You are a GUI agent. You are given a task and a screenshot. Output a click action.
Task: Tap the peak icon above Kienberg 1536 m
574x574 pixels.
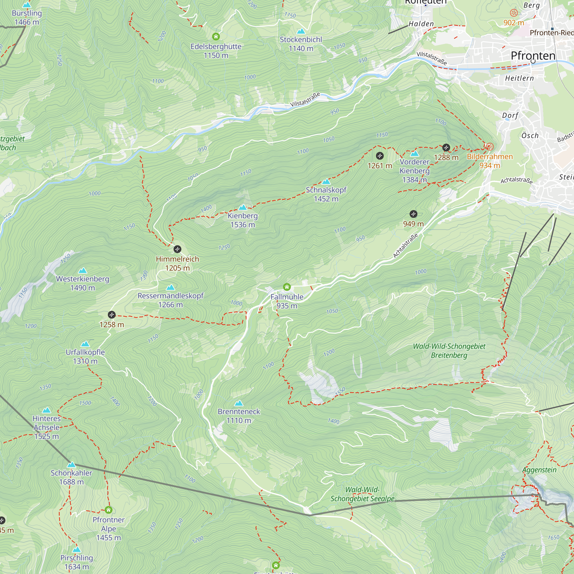click(x=243, y=208)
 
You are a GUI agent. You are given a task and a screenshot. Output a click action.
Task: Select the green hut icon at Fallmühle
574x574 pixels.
click(x=287, y=287)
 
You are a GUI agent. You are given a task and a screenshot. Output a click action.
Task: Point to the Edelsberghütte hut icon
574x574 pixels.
click(x=216, y=36)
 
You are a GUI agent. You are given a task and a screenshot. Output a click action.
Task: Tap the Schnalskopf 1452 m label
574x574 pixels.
click(x=326, y=194)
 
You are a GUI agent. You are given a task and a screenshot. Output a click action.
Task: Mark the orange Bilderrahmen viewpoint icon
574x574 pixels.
click(x=489, y=146)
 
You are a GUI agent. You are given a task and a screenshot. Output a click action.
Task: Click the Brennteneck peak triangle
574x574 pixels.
click(x=239, y=403)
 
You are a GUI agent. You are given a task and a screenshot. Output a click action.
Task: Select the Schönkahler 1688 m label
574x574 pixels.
click(x=71, y=477)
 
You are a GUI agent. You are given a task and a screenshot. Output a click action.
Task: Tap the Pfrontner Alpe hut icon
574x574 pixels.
click(x=108, y=510)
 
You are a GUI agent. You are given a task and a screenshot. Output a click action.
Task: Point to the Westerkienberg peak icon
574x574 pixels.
click(x=83, y=270)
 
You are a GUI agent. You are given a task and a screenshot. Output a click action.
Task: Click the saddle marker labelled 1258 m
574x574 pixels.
click(x=111, y=314)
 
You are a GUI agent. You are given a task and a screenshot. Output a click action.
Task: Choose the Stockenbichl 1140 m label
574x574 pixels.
click(x=301, y=44)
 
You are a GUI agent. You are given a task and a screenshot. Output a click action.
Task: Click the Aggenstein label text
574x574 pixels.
click(x=539, y=470)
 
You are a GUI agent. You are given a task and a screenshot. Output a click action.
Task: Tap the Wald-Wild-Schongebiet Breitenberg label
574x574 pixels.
click(x=449, y=351)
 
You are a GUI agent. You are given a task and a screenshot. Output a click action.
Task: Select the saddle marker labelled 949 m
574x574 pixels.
click(x=413, y=214)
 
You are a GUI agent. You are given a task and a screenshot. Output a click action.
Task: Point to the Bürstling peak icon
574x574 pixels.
click(x=27, y=5)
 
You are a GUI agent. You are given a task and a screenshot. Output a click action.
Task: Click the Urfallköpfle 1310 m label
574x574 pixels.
click(x=85, y=356)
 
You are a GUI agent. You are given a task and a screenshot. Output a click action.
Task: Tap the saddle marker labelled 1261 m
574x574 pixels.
click(x=380, y=156)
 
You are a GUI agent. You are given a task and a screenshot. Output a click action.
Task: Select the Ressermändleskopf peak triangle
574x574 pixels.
click(x=170, y=287)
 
